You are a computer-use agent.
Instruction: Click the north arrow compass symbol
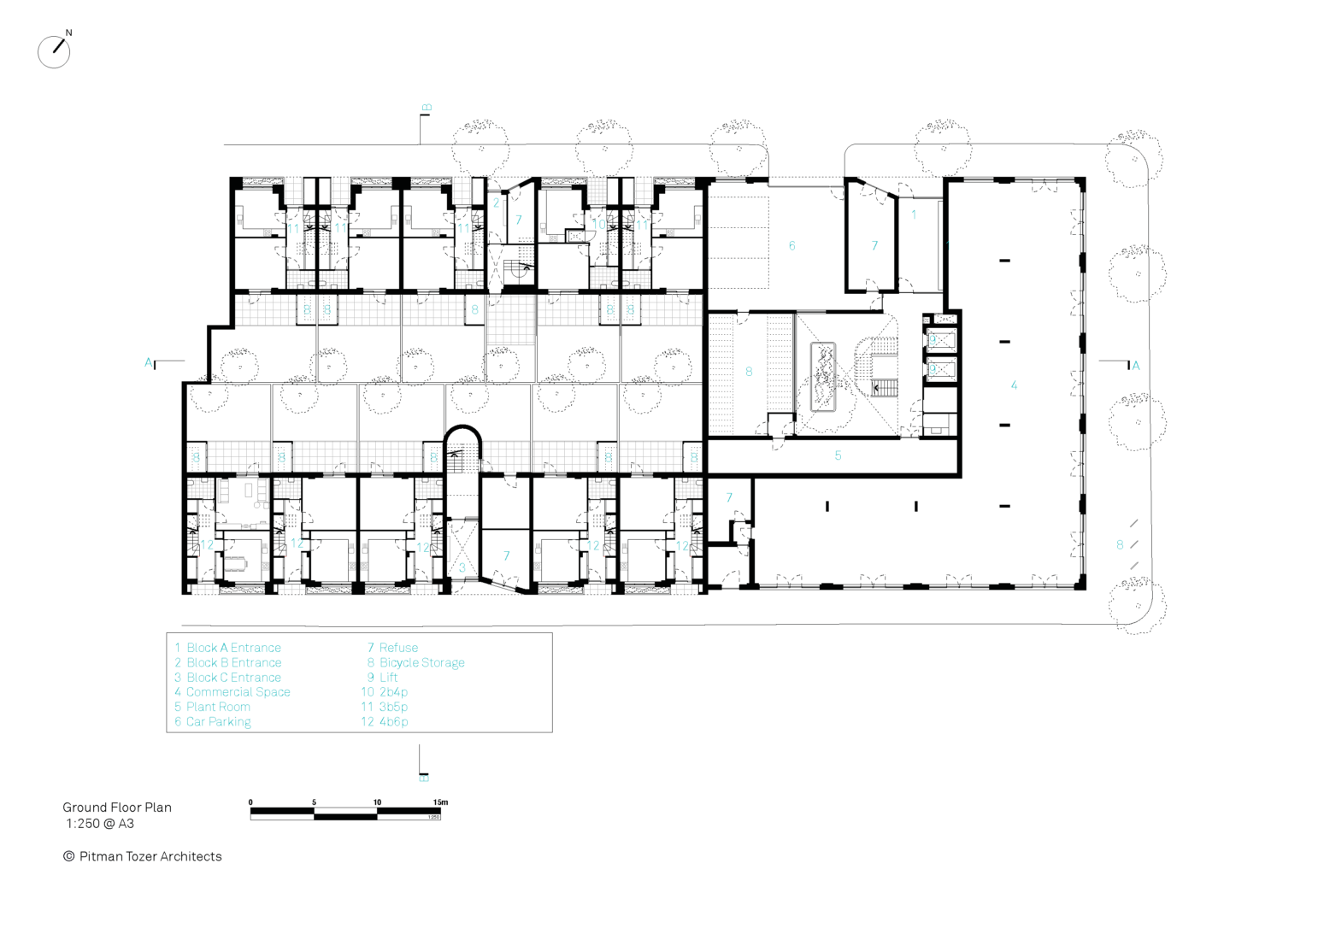click(x=54, y=51)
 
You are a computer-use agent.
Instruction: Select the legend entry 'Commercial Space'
click(x=232, y=692)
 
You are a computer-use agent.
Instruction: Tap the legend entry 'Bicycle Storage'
click(x=416, y=662)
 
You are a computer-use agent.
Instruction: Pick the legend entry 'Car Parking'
click(x=213, y=721)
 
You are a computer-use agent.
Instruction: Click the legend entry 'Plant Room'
click(x=213, y=707)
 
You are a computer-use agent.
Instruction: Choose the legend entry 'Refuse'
click(x=393, y=648)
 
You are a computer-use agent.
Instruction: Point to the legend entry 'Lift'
click(x=383, y=677)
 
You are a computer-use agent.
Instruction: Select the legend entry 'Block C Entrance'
click(x=228, y=677)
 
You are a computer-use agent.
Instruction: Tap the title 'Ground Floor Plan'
click(x=117, y=807)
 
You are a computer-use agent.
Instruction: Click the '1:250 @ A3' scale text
click(x=100, y=824)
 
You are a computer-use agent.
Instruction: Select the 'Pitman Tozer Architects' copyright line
click(x=143, y=856)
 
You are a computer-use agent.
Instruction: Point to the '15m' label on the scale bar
click(x=439, y=802)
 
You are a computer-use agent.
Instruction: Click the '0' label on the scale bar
click(x=250, y=802)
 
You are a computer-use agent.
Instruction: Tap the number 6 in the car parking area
click(x=792, y=246)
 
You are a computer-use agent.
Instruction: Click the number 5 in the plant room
click(x=838, y=455)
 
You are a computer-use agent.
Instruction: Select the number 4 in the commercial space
click(x=1014, y=385)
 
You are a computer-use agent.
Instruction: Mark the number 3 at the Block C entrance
click(x=462, y=567)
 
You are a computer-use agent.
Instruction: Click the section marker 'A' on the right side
click(x=1135, y=366)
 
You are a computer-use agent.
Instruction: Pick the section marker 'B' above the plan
click(x=427, y=109)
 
